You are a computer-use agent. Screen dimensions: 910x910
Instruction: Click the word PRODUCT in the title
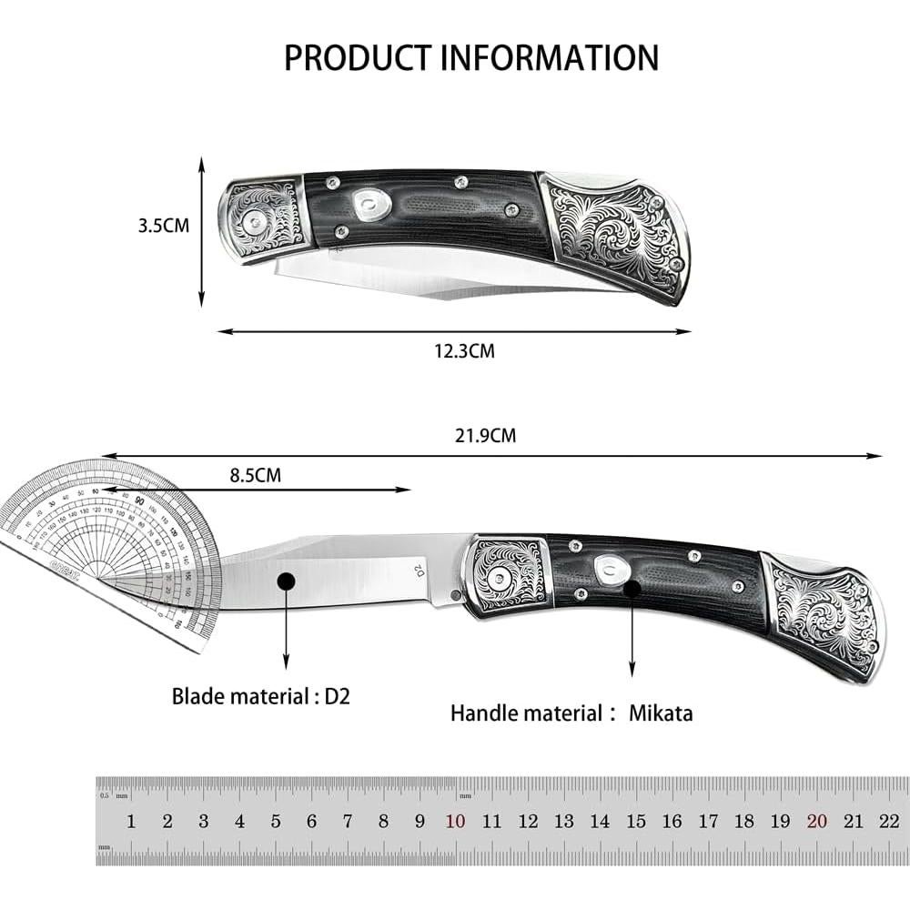[x=359, y=56]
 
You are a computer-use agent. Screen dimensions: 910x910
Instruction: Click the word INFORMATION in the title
[x=550, y=56]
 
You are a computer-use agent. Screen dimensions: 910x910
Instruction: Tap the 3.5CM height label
[x=164, y=226]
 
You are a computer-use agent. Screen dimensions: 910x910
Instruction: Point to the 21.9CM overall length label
[x=485, y=436]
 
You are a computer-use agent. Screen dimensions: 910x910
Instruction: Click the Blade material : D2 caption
[x=261, y=697]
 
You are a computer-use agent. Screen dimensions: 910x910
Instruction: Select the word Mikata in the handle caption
[x=661, y=713]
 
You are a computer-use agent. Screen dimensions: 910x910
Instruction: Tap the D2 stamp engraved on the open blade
[x=420, y=571]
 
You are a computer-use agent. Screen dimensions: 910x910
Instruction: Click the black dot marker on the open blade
[x=287, y=581]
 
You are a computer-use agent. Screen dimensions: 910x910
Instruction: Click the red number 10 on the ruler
[x=456, y=821]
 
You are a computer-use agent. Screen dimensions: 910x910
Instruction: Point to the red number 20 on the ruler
[x=816, y=821]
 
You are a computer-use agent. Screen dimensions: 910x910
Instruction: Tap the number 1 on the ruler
[x=131, y=821]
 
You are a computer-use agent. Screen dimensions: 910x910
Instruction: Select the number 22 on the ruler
[x=889, y=821]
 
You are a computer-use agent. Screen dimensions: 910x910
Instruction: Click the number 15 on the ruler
[x=636, y=821]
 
